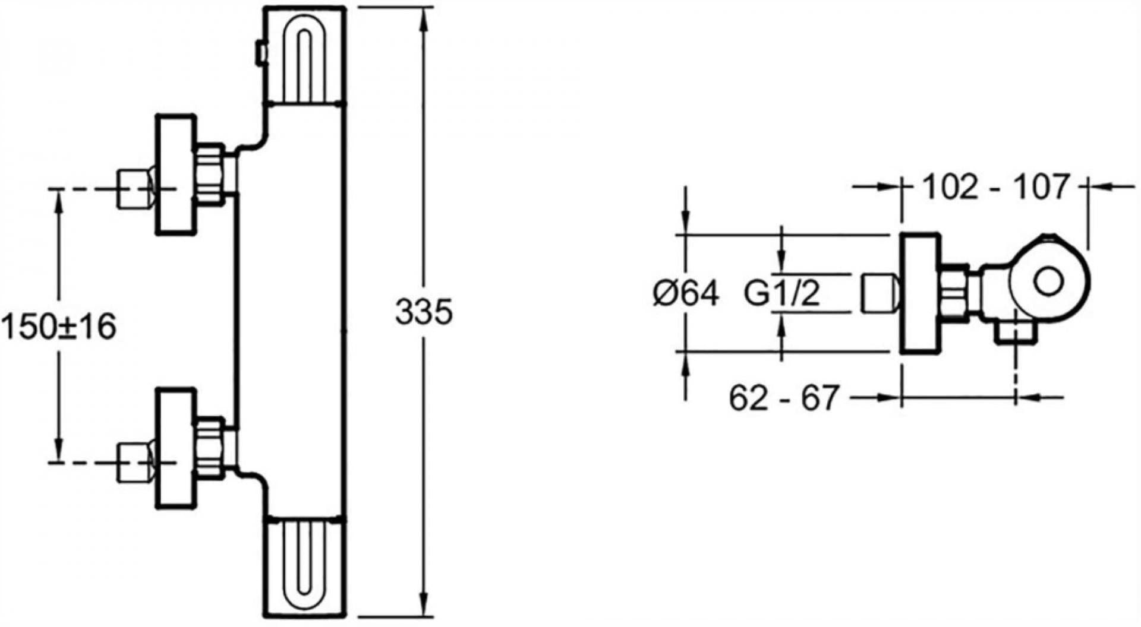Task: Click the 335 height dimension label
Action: click(424, 312)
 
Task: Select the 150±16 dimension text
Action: click(59, 327)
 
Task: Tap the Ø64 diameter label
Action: click(686, 293)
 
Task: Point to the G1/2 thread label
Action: click(782, 293)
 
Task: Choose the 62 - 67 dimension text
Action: click(784, 398)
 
